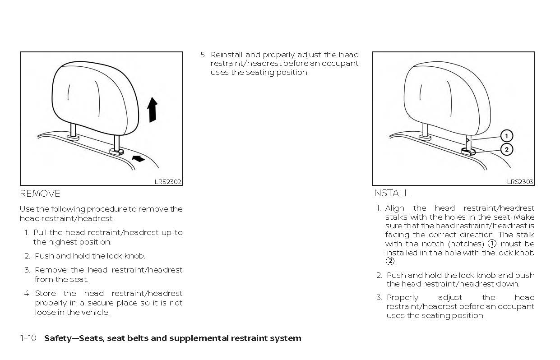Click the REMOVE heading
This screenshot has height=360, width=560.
pos(40,194)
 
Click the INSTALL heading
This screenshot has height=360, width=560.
pos(390,193)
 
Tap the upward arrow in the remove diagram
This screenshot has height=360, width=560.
pos(153,110)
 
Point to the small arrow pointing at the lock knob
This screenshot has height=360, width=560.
pos(139,158)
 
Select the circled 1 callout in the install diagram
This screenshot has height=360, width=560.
pos(506,136)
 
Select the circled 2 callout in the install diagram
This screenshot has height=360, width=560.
pos(506,149)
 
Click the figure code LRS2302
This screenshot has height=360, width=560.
pos(168,182)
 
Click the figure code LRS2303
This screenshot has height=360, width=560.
pos(520,182)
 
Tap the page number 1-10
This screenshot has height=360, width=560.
pos(28,338)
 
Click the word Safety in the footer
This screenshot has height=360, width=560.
pos(58,338)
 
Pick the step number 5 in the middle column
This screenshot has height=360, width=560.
pos(203,55)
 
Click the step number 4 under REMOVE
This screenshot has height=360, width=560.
pos(27,294)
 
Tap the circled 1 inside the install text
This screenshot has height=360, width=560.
pos(492,244)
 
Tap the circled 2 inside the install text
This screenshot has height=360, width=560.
pos(389,261)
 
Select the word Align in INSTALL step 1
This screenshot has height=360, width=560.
pos(394,208)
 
